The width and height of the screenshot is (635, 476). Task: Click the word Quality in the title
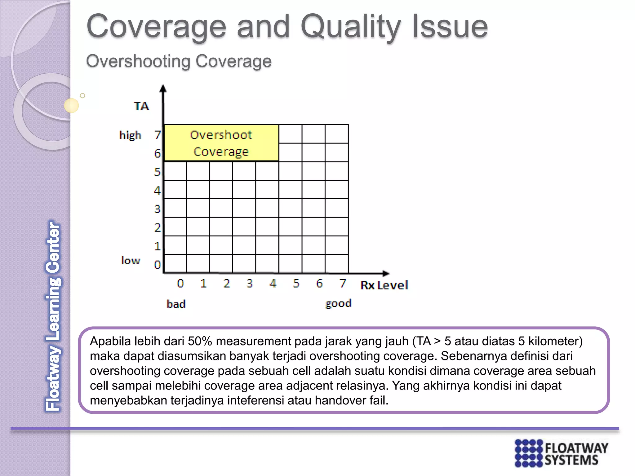click(350, 27)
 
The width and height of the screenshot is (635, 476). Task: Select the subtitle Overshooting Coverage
click(179, 61)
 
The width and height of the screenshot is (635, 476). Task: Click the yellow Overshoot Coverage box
click(221, 143)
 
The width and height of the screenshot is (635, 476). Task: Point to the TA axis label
click(141, 106)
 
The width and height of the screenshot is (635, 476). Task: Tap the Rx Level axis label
click(384, 285)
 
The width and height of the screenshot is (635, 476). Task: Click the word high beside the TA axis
click(130, 135)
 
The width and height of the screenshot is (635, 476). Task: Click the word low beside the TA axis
click(131, 261)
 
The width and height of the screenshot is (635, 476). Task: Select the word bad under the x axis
click(176, 304)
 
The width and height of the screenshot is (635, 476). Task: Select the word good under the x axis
click(338, 303)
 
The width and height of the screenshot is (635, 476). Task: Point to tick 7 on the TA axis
click(158, 135)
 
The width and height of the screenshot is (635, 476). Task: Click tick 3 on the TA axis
click(157, 209)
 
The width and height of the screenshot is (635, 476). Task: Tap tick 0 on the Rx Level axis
click(180, 283)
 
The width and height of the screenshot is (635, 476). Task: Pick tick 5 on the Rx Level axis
click(296, 283)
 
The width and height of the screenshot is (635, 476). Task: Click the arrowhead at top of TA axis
click(163, 89)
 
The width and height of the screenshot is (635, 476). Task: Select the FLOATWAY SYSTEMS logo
click(561, 453)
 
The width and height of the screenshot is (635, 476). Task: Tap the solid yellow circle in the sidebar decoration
click(71, 105)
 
